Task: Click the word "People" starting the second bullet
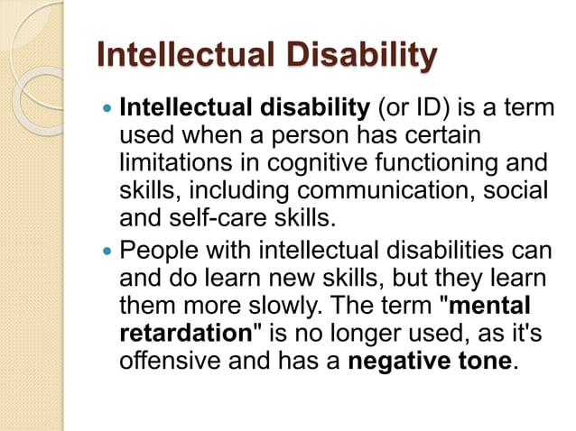point(160,249)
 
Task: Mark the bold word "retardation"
point(185,331)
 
